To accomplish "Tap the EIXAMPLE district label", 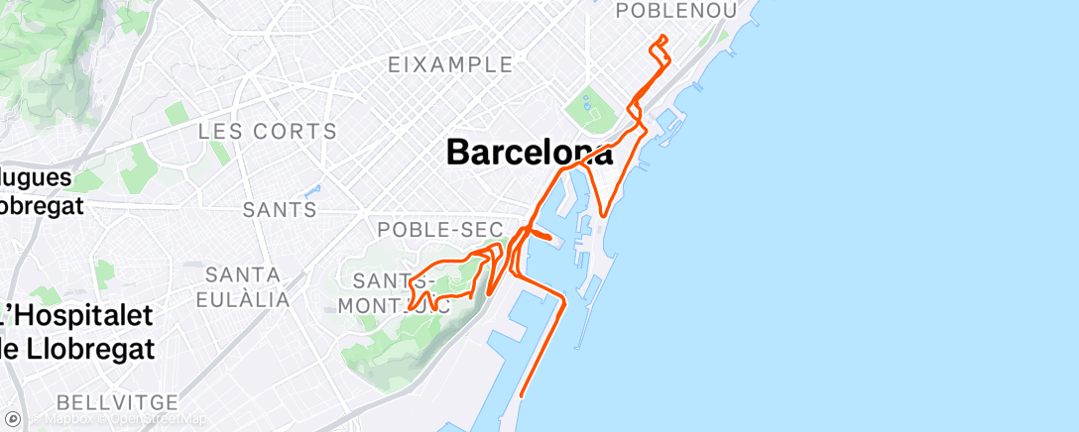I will pyautogui.click(x=450, y=65).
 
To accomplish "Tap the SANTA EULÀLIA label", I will pyautogui.click(x=244, y=285).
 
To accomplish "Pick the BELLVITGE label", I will pyautogui.click(x=117, y=402).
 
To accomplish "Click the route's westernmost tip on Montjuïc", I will pyautogui.click(x=409, y=308).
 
